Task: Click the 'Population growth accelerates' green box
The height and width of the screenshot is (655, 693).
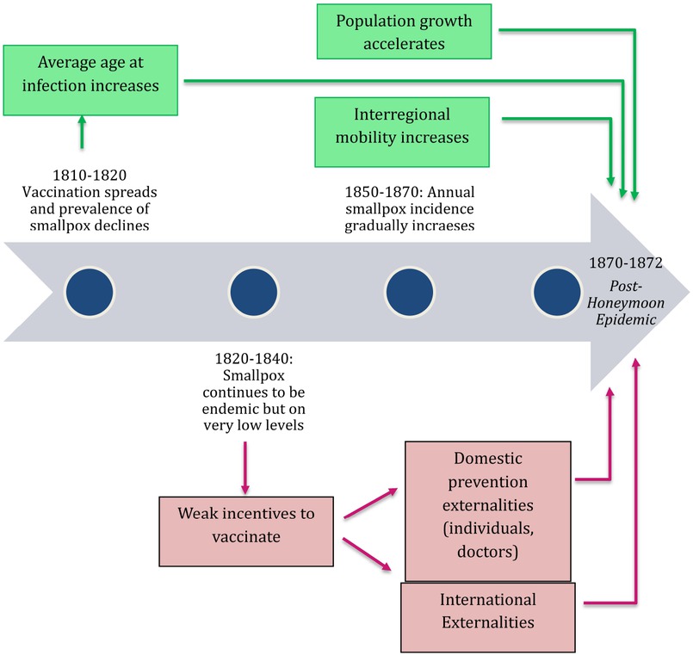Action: click(x=405, y=31)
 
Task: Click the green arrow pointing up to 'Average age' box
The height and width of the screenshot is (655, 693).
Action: click(x=83, y=133)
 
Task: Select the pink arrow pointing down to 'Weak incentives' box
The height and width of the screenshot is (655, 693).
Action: click(x=245, y=467)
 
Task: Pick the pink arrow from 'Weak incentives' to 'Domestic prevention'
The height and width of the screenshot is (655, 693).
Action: click(x=370, y=504)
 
